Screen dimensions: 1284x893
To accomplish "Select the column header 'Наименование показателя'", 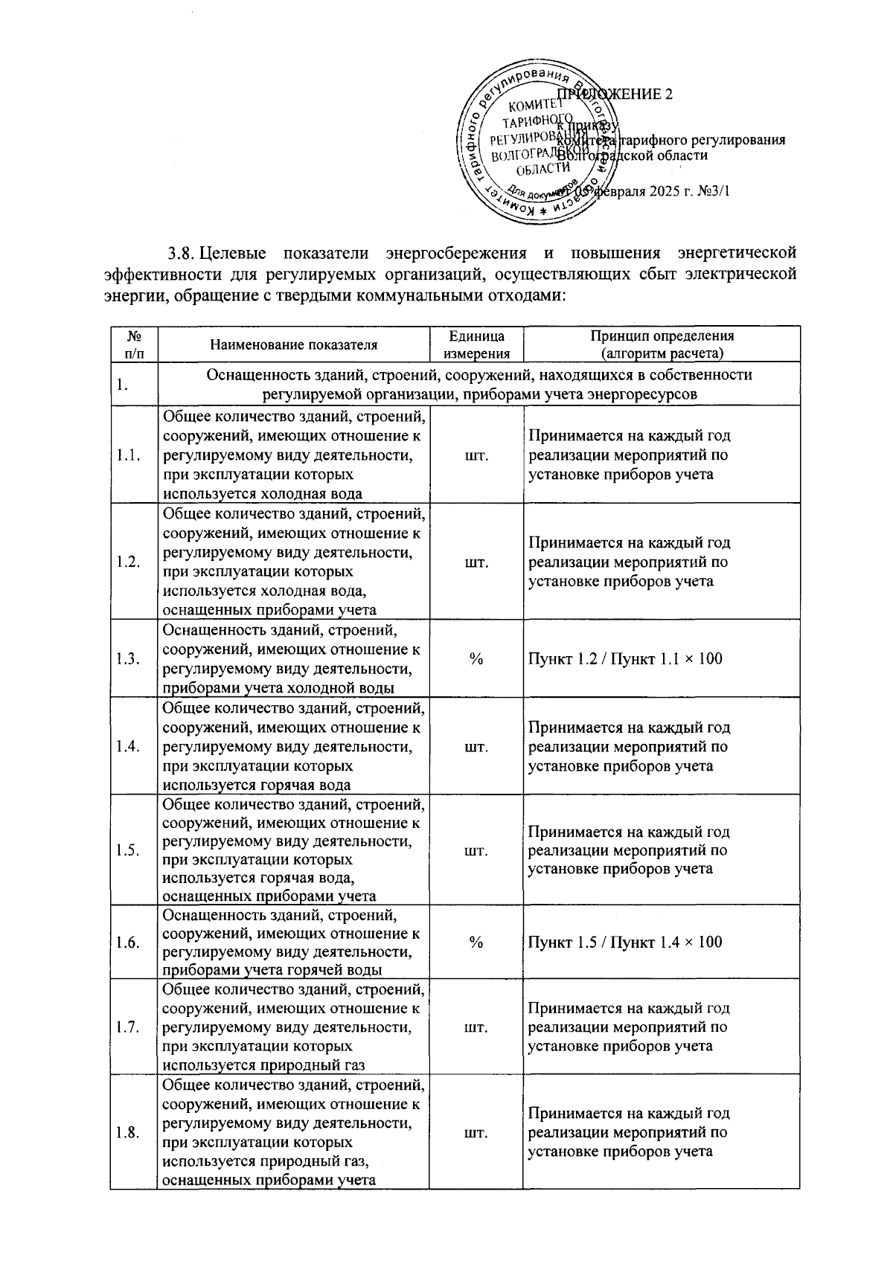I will [293, 344].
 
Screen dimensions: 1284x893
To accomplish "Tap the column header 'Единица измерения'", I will [476, 345].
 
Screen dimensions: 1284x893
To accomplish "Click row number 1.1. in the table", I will [129, 455].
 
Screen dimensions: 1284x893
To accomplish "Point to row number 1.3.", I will [129, 658].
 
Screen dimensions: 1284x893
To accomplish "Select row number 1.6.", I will [129, 943].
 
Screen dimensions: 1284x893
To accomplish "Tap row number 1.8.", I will [129, 1133].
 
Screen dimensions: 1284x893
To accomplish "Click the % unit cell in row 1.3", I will [476, 658].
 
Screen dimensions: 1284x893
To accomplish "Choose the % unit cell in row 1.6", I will [476, 943].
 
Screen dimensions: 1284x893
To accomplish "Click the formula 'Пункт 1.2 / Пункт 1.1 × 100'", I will [625, 658].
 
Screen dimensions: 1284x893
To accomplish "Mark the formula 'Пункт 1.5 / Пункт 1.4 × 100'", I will [625, 943].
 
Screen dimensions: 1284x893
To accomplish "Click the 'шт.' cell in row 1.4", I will [476, 747].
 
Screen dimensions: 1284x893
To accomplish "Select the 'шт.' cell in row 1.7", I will [476, 1027].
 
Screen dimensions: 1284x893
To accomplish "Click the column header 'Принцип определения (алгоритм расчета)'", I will [662, 345].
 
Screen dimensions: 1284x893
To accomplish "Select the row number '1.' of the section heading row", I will [123, 385].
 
